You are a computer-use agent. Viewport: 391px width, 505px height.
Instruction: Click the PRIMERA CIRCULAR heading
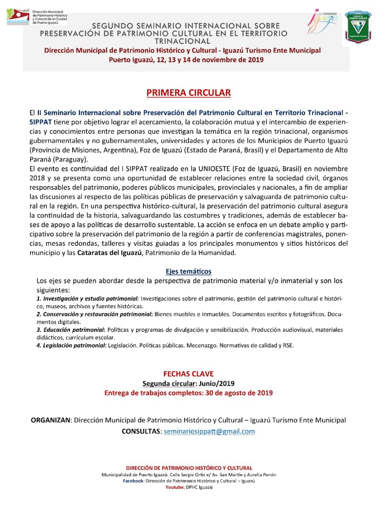point(188,93)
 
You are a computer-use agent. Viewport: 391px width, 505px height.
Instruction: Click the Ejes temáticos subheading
point(188,271)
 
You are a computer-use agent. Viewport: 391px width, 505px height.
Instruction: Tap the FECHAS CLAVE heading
point(188,374)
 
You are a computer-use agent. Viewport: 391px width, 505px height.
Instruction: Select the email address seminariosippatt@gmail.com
point(209,431)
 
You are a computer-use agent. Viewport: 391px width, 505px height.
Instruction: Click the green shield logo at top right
point(360,29)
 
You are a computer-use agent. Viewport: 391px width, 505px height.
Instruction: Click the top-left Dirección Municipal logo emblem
point(17,16)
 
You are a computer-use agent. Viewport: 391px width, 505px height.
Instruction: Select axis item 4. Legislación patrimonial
point(71,345)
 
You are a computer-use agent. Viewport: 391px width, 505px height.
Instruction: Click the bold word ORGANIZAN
point(51,420)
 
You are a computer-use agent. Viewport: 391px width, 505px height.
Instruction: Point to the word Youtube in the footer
point(174,487)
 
